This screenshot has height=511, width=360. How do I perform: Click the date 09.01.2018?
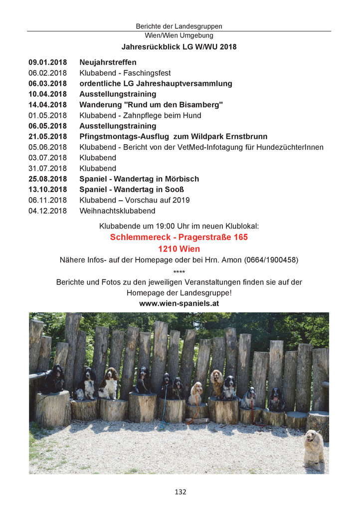[x=47, y=62]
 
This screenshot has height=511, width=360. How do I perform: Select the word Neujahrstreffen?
[x=108, y=62]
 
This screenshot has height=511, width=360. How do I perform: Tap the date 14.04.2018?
[x=47, y=105]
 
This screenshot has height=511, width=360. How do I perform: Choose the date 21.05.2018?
[x=47, y=136]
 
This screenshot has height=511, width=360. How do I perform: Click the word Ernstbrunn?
[x=245, y=136]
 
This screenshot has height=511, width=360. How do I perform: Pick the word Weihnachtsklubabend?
[x=117, y=211]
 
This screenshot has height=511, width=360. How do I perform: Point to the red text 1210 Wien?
[x=179, y=249]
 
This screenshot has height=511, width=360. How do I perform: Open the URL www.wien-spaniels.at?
[x=179, y=303]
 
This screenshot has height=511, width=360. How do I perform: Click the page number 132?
[x=180, y=492]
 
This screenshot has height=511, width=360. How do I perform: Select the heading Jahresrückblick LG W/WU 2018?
[x=179, y=47]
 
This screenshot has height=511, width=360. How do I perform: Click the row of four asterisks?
[x=179, y=271]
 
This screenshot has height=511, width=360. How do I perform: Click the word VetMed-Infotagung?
[x=213, y=147]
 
